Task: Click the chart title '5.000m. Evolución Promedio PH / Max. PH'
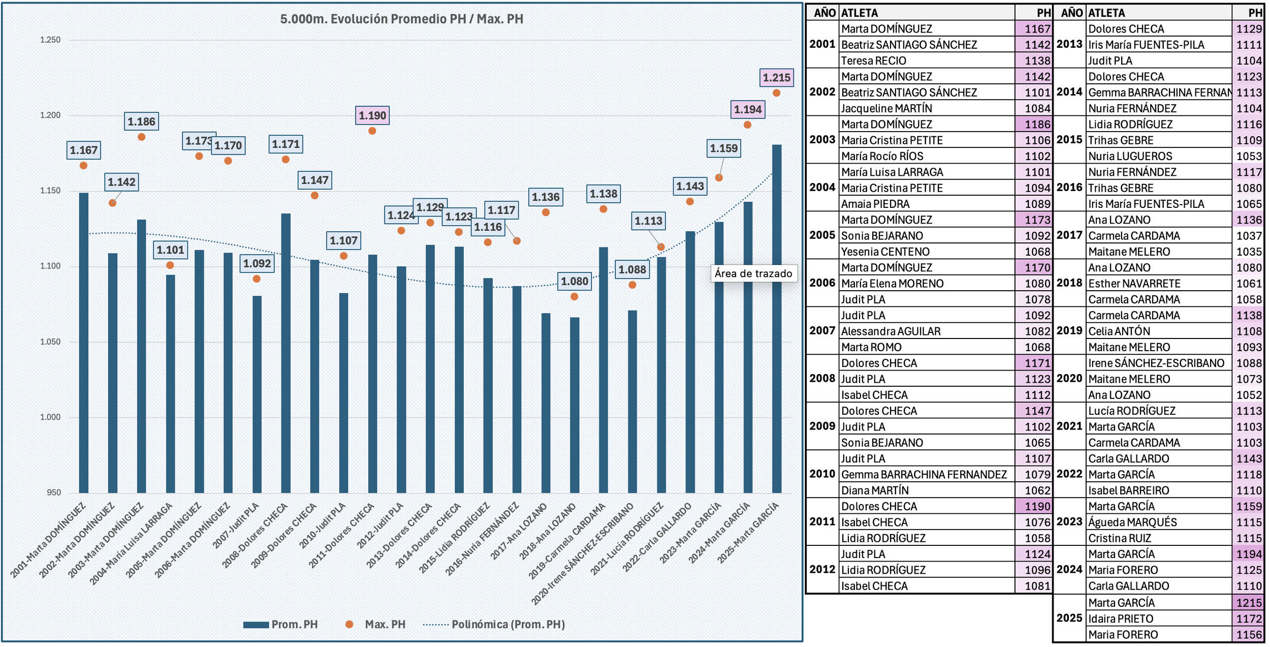401,19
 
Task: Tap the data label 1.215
776,78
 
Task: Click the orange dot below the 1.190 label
372,131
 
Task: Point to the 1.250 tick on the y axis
50,40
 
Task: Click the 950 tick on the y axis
53,492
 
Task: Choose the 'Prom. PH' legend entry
281,624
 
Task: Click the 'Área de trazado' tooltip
753,273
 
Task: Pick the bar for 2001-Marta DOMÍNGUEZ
84,343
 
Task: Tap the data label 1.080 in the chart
574,282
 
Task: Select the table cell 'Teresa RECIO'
873,60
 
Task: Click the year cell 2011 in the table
822,521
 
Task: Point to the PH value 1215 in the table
1249,603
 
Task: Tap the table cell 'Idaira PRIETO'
1121,619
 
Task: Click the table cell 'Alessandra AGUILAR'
891,331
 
